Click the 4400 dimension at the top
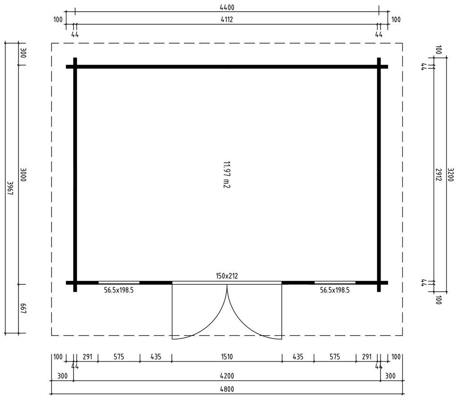tap(227, 7)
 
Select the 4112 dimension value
tap(227, 19)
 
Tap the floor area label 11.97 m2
tap(226, 175)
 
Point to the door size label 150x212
tap(227, 276)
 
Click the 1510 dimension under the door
tap(227, 357)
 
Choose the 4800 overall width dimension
tap(227, 389)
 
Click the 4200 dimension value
tap(227, 376)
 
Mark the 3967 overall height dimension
tap(10, 188)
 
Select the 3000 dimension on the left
tap(23, 175)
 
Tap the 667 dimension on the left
tap(23, 308)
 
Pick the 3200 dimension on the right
tap(450, 175)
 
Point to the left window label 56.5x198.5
tap(119, 290)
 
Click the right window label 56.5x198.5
tap(335, 290)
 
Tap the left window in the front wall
tap(119, 283)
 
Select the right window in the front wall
tap(335, 283)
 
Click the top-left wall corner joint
tap(75, 67)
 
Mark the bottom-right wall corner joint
tap(379, 282)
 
